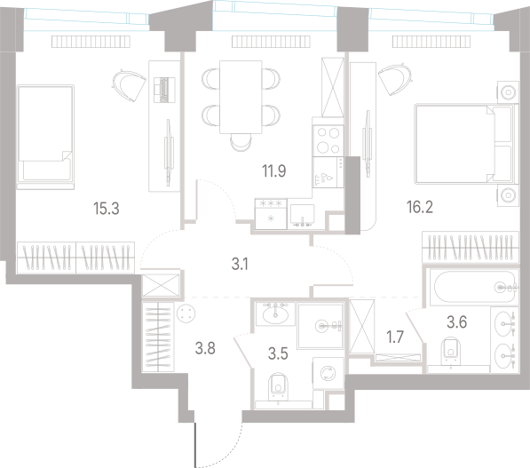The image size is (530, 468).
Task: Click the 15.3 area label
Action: click(x=107, y=209)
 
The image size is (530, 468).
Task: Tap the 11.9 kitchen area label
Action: click(x=274, y=171)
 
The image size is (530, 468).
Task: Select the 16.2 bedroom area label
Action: click(x=420, y=207)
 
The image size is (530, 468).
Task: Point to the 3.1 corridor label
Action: click(x=240, y=264)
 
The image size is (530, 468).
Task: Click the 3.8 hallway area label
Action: click(x=205, y=348)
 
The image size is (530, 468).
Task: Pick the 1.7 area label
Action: click(x=395, y=337)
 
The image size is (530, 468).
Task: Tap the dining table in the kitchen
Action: click(x=241, y=97)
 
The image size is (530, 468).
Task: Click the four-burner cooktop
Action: click(x=328, y=140)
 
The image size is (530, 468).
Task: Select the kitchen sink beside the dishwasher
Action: click(x=302, y=216)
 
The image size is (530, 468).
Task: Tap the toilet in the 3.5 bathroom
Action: click(x=278, y=387)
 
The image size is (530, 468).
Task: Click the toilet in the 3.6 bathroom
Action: click(x=451, y=352)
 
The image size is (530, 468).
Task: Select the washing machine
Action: click(x=328, y=373)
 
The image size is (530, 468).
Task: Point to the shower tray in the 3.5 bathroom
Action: click(x=320, y=326)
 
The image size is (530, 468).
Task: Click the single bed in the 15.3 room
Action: click(x=45, y=137)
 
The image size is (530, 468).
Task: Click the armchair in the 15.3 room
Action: click(x=129, y=85)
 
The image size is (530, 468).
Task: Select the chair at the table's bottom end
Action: click(x=241, y=141)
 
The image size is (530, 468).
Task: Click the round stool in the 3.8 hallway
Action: click(x=186, y=313)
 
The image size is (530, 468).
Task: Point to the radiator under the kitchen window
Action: click(x=271, y=42)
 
